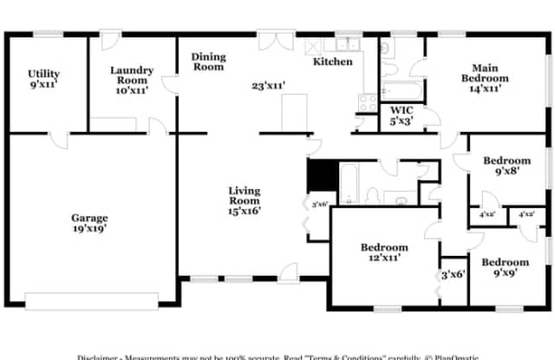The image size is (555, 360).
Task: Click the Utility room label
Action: [x=43, y=79]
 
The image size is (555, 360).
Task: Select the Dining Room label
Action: [x=208, y=62]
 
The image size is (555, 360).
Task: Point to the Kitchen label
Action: [x=333, y=62]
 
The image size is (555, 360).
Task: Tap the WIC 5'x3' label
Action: [x=401, y=115]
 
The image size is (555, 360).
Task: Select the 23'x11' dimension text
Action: [x=269, y=86]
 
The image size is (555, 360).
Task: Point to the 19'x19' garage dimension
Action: [x=89, y=229]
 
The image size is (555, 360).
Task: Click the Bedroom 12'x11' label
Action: [x=384, y=252]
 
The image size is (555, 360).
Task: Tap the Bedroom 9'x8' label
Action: [x=506, y=166]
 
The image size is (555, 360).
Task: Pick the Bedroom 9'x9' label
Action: [x=506, y=268]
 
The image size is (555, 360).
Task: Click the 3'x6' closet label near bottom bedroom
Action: [x=453, y=274]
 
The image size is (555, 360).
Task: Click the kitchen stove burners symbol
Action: [x=367, y=101]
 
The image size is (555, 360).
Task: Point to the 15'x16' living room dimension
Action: [x=245, y=210]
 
